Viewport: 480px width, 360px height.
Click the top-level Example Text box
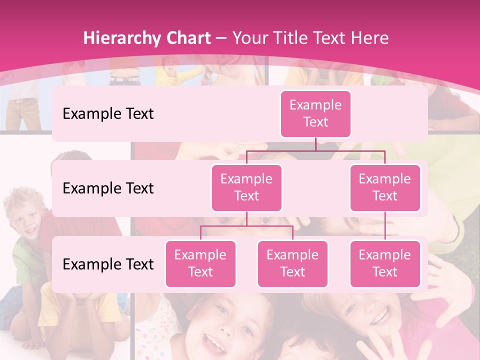coord(315,113)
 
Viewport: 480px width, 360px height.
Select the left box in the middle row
coord(246,187)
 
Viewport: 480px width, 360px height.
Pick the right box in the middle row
coord(385,187)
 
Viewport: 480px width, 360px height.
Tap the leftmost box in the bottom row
coord(200,263)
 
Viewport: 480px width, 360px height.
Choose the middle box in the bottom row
coord(292,263)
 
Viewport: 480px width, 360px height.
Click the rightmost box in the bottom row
coord(385,263)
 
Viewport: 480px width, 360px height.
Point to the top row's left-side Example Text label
coord(108,113)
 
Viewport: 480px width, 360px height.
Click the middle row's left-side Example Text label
coord(108,188)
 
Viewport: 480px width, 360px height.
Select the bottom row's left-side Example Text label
coord(108,264)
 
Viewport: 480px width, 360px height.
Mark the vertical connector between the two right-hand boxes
coord(385,226)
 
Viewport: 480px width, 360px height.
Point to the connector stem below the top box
coord(315,143)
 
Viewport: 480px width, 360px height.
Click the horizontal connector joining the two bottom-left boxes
coord(246,226)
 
